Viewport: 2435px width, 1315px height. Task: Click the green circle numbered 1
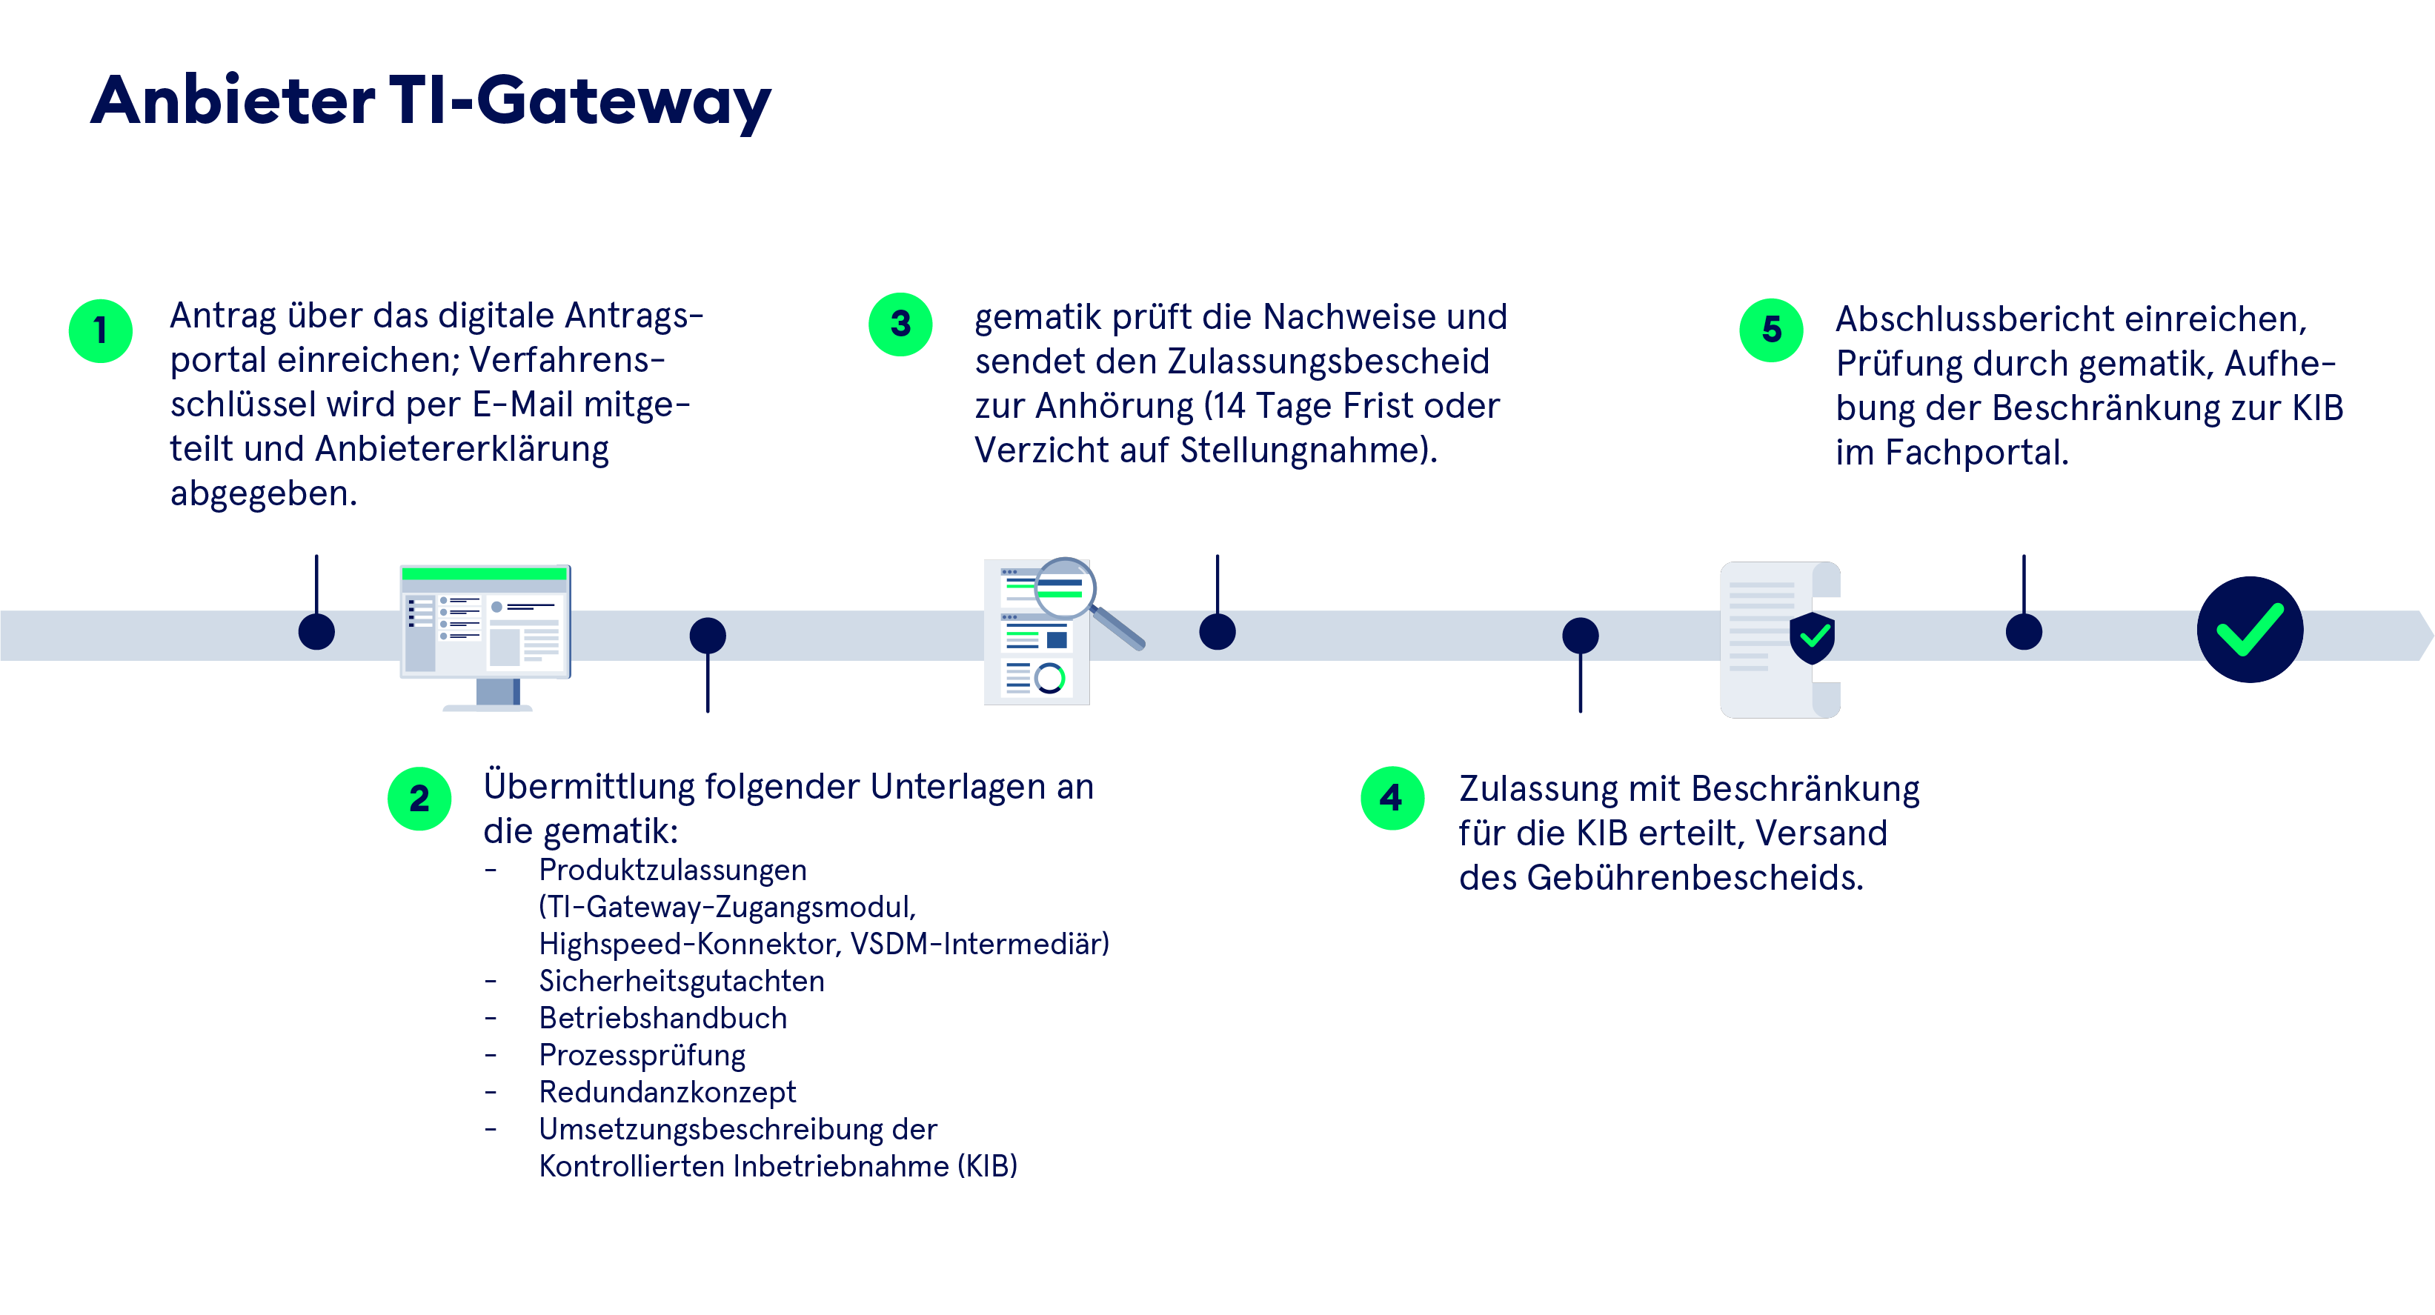(x=100, y=331)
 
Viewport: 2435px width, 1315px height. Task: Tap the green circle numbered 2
(x=419, y=799)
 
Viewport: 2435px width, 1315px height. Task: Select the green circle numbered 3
(x=900, y=324)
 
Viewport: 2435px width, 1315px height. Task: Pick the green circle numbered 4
(x=1392, y=798)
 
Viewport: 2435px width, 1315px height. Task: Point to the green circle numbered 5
(x=1772, y=329)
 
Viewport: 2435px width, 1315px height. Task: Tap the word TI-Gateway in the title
(x=579, y=102)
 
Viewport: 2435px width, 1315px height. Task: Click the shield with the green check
(x=1811, y=637)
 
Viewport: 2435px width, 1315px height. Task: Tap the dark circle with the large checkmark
(x=2249, y=630)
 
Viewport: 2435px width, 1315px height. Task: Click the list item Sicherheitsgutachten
(x=680, y=982)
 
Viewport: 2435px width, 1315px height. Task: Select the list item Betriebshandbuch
(x=662, y=1018)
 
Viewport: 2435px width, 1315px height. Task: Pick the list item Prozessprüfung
(x=641, y=1055)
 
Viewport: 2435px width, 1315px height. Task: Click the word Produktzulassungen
(x=672, y=870)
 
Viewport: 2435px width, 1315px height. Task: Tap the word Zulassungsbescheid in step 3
(x=1327, y=361)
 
